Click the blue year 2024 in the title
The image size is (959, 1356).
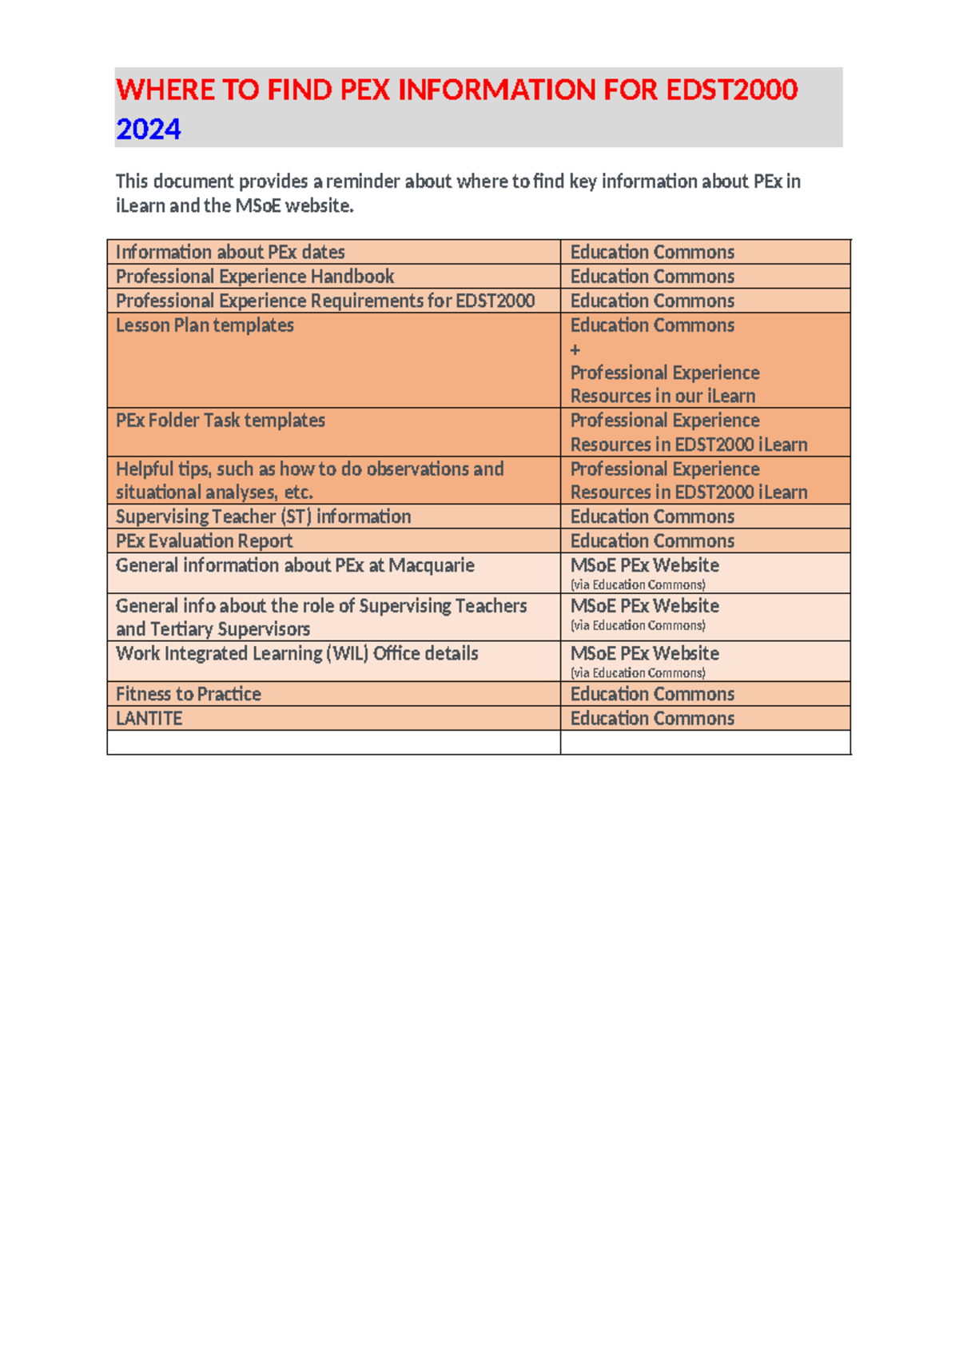click(149, 129)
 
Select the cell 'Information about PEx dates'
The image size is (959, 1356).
click(230, 252)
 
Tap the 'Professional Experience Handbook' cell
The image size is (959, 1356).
click(255, 277)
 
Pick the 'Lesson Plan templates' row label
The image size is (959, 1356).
click(205, 325)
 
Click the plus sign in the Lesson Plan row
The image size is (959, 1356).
click(575, 349)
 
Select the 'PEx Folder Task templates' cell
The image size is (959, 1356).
click(221, 421)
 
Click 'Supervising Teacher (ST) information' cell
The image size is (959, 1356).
click(263, 516)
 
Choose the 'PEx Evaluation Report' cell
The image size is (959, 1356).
click(204, 541)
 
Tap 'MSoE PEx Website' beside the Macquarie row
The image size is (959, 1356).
click(644, 565)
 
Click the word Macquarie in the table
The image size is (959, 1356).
click(432, 565)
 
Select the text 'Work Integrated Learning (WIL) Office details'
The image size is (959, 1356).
click(296, 653)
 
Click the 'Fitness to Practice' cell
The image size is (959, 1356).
click(189, 694)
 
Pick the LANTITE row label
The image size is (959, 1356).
click(149, 719)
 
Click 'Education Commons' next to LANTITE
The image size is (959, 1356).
click(652, 719)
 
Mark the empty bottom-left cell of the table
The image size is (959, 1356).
click(333, 743)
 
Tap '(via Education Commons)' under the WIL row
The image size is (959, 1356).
click(638, 673)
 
